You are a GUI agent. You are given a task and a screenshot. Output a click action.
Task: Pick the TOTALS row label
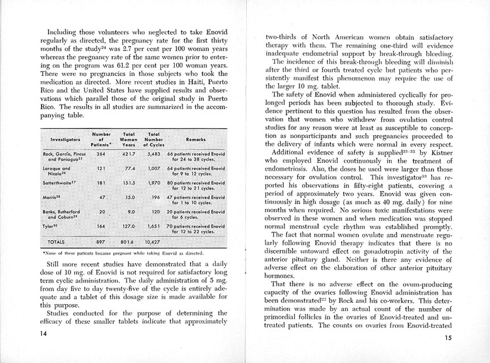pos(57,240)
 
